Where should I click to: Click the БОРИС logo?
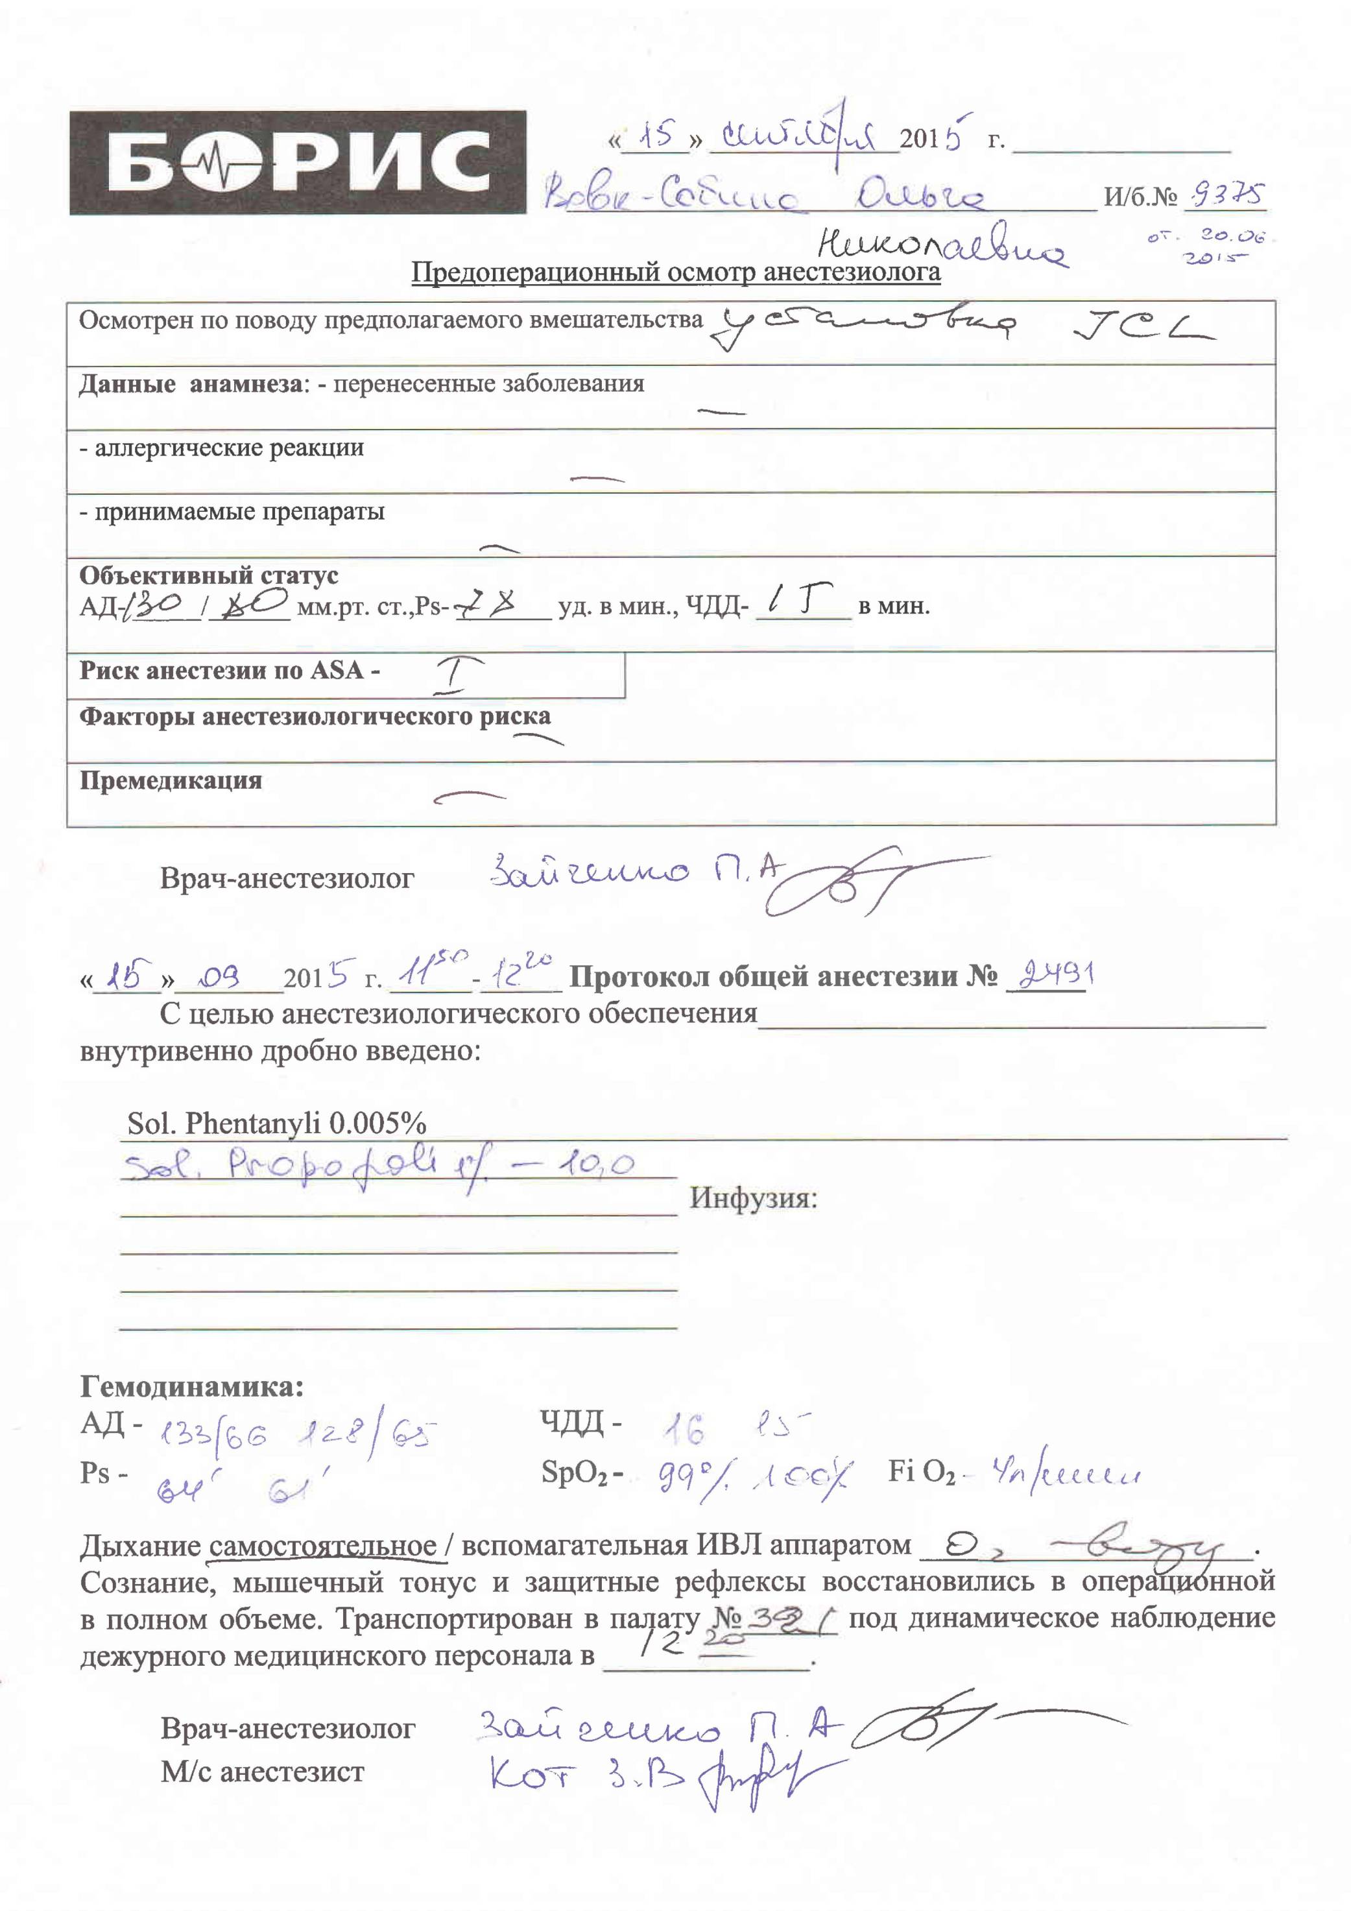pyautogui.click(x=297, y=162)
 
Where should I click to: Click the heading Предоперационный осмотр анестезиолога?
pyautogui.click(x=676, y=272)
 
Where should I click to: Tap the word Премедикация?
pyautogui.click(x=171, y=781)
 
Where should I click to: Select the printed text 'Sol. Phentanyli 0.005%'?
pyautogui.click(x=276, y=1124)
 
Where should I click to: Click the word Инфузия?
pyautogui.click(x=754, y=1199)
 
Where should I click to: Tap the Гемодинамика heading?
pyautogui.click(x=191, y=1388)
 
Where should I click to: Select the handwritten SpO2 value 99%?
pyautogui.click(x=690, y=1476)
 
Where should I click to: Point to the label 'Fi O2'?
pyautogui.click(x=920, y=1472)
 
